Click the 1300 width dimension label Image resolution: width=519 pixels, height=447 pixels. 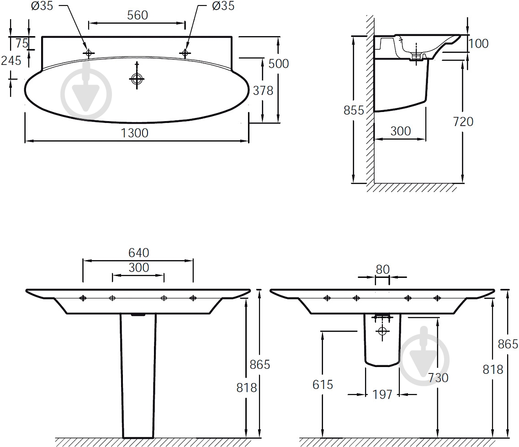pos(134,133)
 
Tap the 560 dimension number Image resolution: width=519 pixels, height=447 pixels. pos(138,15)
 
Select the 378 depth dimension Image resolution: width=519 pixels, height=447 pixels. pos(263,90)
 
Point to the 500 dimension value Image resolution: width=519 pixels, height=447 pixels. pos(278,64)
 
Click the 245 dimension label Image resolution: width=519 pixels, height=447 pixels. pos(11,61)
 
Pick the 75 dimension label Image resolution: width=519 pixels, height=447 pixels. pos(22,43)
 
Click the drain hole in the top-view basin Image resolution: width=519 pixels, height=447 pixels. pos(137,79)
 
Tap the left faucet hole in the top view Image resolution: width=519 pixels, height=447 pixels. pos(88,53)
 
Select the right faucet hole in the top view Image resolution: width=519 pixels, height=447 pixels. pos(185,53)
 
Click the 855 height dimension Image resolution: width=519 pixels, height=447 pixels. pos(354,110)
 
